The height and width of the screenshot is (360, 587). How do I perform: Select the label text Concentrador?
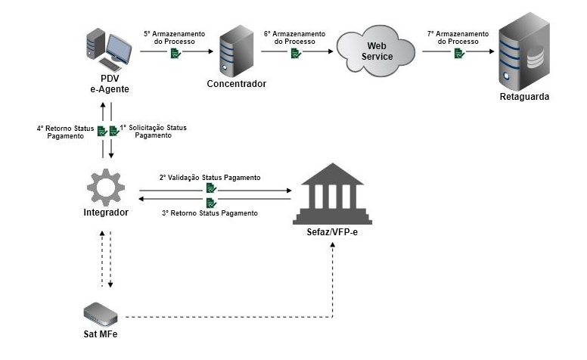pos(237,84)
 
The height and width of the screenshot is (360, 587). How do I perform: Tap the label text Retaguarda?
pos(524,98)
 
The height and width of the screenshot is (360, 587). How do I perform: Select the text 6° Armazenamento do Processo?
pos(295,39)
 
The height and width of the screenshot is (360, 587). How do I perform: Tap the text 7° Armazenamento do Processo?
pos(457,39)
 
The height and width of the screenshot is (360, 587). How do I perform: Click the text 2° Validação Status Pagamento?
pos(210,177)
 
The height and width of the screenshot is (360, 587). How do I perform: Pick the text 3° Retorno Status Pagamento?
pos(210,213)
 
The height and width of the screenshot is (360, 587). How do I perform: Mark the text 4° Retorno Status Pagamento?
pos(66,133)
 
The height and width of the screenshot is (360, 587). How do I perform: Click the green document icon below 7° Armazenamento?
pos(458,54)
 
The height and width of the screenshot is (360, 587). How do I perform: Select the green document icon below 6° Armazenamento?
pos(296,54)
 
